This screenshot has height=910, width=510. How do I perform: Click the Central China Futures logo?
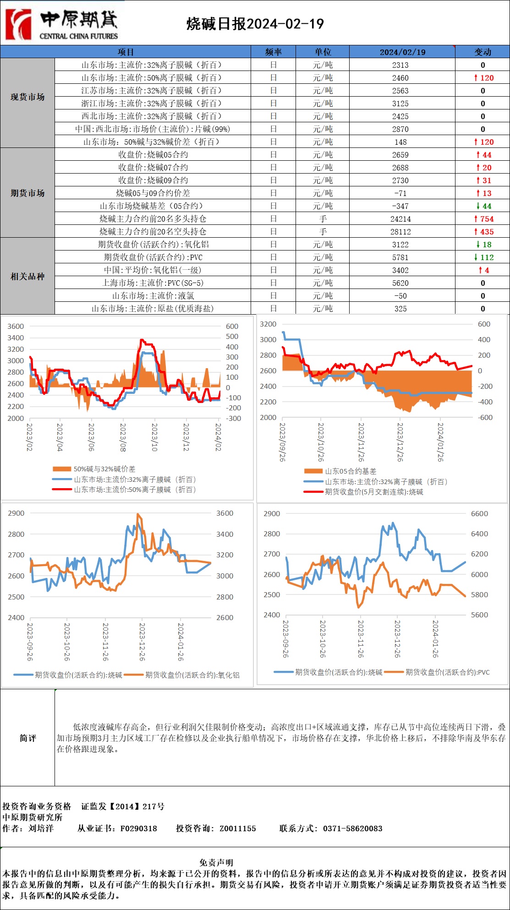62,24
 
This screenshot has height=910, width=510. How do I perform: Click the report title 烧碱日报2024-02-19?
255,24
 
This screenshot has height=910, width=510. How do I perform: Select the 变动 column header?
483,52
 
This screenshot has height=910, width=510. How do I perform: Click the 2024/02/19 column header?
402,52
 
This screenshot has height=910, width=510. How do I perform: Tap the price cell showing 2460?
400,78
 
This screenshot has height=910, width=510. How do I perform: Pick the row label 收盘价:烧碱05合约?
153,155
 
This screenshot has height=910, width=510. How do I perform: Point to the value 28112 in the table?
400,232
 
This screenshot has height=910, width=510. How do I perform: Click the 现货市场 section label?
27,97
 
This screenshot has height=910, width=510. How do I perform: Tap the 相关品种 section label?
27,276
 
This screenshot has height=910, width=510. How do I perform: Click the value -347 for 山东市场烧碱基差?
400,206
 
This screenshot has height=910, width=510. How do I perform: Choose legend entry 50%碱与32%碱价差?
104,469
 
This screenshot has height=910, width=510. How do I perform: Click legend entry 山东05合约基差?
350,471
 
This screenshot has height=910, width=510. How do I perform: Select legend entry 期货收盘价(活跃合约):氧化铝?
192,675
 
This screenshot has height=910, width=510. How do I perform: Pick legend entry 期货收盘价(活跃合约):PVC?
447,672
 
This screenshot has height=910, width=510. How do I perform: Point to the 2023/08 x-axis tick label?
123,437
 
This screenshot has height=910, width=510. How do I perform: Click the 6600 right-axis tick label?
479,514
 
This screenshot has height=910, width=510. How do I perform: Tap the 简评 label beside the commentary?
27,738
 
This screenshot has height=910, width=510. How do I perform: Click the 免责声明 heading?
216,862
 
